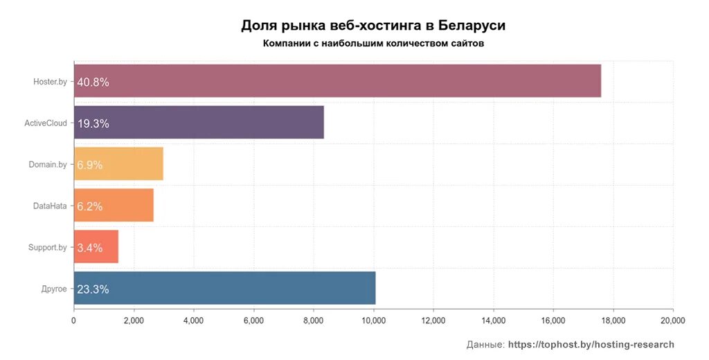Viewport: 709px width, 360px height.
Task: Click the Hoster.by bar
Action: [x=337, y=81]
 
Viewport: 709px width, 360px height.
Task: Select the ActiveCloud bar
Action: [x=199, y=123]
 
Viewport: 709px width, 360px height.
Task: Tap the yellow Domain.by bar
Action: [x=118, y=164]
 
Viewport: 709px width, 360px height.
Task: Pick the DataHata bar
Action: [x=114, y=206]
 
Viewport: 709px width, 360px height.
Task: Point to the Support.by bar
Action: [x=96, y=247]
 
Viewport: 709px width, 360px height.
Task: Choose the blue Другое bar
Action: [x=224, y=288]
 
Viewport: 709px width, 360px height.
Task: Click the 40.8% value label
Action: [x=93, y=82]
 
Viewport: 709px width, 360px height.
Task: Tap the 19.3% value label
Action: [x=93, y=123]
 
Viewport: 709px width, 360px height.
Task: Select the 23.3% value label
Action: [x=93, y=289]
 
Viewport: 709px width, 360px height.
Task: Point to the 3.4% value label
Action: [x=90, y=248]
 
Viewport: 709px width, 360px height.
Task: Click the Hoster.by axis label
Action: [x=50, y=82]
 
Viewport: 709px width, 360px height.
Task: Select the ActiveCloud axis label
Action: [x=46, y=123]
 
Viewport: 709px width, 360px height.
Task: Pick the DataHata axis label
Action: [x=50, y=206]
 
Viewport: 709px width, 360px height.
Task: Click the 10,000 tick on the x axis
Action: [x=374, y=321]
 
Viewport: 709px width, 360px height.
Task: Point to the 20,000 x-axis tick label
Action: [x=672, y=321]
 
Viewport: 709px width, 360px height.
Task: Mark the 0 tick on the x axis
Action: [x=73, y=321]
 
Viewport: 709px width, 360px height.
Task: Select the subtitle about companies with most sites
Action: [x=373, y=44]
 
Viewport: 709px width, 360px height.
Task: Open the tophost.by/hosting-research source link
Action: [x=591, y=344]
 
